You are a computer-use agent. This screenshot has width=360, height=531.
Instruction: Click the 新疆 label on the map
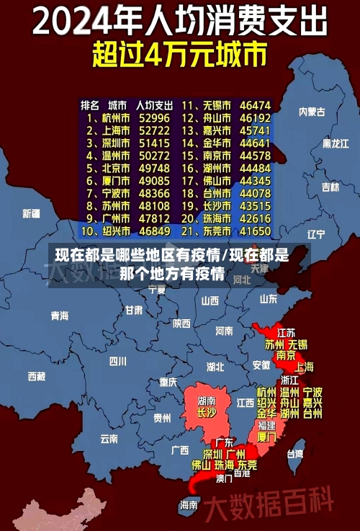(31, 214)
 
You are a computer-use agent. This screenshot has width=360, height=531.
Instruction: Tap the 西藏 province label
(36, 376)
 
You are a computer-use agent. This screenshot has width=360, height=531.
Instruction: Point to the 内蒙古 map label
(312, 112)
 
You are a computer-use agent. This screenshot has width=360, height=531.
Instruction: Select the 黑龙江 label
(335, 143)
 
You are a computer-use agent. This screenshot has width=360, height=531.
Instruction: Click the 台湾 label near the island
(295, 454)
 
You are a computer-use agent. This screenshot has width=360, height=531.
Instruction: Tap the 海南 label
(189, 504)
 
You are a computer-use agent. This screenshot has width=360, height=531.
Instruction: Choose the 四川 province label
(117, 361)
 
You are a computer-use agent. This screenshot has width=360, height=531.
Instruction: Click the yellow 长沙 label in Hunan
(206, 413)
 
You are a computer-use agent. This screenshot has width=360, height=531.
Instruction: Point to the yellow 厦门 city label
(266, 437)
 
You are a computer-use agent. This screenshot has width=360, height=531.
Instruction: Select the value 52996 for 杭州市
(154, 117)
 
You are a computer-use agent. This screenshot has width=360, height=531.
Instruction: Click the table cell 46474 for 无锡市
(255, 104)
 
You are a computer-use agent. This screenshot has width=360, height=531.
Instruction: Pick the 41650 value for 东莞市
(255, 231)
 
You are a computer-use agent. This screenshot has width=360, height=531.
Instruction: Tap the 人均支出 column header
(154, 104)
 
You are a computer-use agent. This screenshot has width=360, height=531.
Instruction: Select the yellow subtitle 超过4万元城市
(179, 55)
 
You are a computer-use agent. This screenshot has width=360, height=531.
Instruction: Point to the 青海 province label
(59, 316)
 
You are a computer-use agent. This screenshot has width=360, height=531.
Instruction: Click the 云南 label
(109, 438)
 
